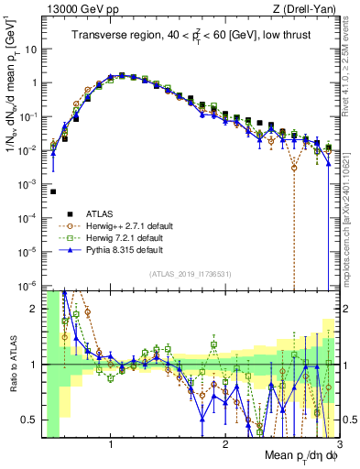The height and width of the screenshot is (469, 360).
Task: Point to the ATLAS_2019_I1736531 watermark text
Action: [190, 274]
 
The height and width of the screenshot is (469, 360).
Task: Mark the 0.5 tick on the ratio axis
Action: [30, 420]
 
